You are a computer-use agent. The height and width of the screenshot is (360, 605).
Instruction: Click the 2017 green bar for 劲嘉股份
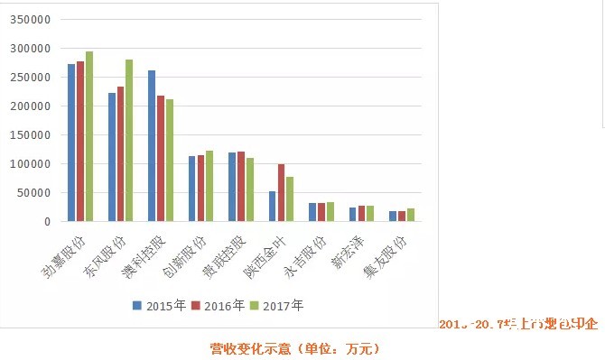click(x=88, y=136)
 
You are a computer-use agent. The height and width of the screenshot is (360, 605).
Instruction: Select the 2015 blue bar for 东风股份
click(x=112, y=157)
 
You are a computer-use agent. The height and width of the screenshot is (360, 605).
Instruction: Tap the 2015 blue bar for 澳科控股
click(x=152, y=145)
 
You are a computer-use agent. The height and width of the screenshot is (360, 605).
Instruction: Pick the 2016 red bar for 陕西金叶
click(x=281, y=192)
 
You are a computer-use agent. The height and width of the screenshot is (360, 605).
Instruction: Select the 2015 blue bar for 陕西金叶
click(x=273, y=206)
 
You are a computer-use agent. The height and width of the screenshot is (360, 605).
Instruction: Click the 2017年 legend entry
click(x=276, y=306)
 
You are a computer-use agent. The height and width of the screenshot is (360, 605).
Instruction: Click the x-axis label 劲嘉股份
click(x=64, y=256)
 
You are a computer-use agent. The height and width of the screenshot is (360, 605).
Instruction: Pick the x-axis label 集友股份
click(x=386, y=256)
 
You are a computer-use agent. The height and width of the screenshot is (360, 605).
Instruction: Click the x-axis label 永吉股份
click(x=306, y=256)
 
